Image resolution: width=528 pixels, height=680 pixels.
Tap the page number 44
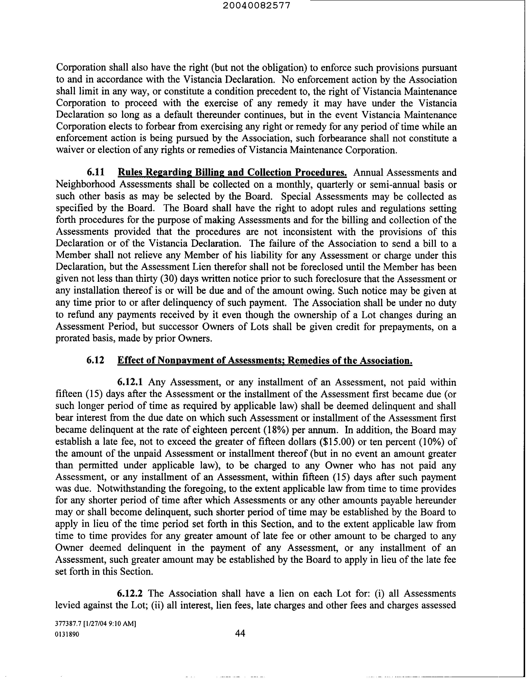coord(240,633)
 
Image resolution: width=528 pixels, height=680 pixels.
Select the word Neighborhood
coord(85,184)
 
